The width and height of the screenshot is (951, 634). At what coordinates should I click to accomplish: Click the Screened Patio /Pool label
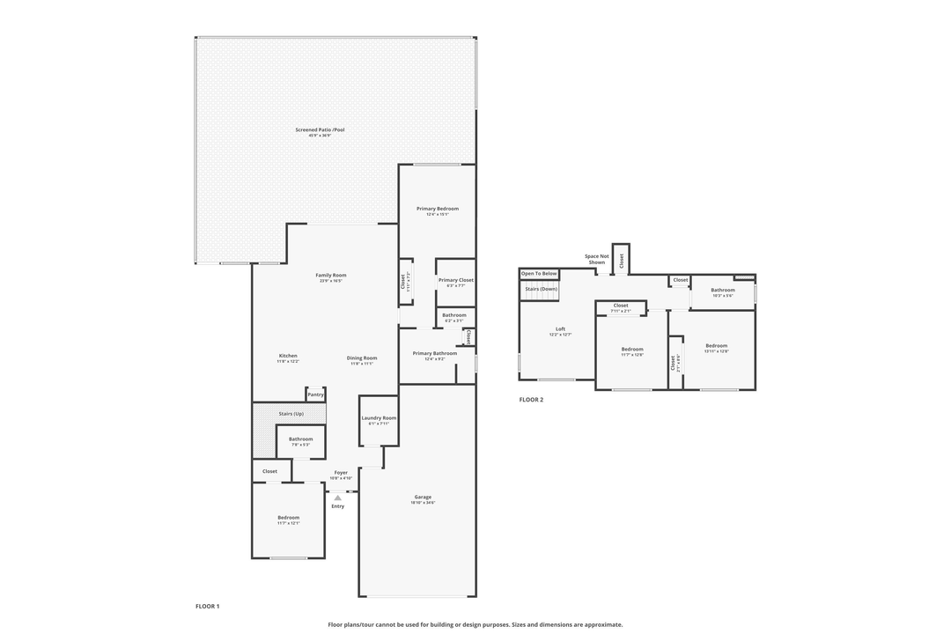point(320,130)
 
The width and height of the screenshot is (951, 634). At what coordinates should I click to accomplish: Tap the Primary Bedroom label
point(437,209)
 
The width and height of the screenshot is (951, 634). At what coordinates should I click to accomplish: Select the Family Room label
point(330,276)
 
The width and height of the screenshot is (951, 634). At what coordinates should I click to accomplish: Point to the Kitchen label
point(288,356)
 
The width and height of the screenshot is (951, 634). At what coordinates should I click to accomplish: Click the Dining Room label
point(361,358)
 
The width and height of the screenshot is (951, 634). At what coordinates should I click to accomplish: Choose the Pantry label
point(315,394)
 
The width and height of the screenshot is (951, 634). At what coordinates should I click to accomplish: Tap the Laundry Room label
point(379,417)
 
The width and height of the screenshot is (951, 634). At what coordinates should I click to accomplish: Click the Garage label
point(423,497)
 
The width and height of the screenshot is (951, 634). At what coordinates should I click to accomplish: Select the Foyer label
point(341,473)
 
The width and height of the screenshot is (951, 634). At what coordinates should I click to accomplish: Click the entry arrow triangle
point(337,498)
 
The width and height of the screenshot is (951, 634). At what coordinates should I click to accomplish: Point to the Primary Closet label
point(455,280)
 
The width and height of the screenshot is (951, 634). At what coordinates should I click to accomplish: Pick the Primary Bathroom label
point(434,353)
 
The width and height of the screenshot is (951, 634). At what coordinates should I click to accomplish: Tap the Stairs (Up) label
point(291,413)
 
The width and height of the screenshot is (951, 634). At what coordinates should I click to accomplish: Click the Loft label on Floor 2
point(560,328)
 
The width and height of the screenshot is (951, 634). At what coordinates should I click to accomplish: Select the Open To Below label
point(539,274)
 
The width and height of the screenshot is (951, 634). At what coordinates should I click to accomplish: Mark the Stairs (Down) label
point(540,288)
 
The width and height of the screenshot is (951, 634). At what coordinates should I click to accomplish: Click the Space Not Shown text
point(596,259)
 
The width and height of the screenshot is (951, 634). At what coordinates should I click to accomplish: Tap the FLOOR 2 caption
point(531,400)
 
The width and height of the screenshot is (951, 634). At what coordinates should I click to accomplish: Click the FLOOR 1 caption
point(207,606)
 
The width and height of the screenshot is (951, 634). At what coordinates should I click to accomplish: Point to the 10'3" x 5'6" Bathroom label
point(722,290)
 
